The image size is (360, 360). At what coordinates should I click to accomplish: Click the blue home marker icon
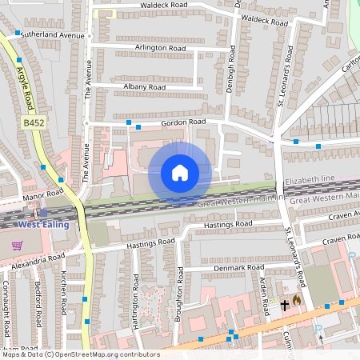click(180, 172)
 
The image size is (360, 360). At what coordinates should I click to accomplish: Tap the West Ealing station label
click(43, 224)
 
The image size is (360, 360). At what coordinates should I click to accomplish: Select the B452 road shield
click(33, 122)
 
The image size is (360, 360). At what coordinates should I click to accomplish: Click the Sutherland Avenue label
click(53, 36)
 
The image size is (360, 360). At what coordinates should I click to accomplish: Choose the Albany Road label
click(145, 86)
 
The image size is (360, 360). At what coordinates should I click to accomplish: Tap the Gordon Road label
click(183, 122)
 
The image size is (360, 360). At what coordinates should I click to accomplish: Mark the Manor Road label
click(43, 193)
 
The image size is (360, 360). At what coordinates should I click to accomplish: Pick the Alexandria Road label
click(33, 261)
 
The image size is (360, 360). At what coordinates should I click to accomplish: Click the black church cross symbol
click(284, 304)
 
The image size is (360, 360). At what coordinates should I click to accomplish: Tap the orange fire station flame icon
click(296, 301)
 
